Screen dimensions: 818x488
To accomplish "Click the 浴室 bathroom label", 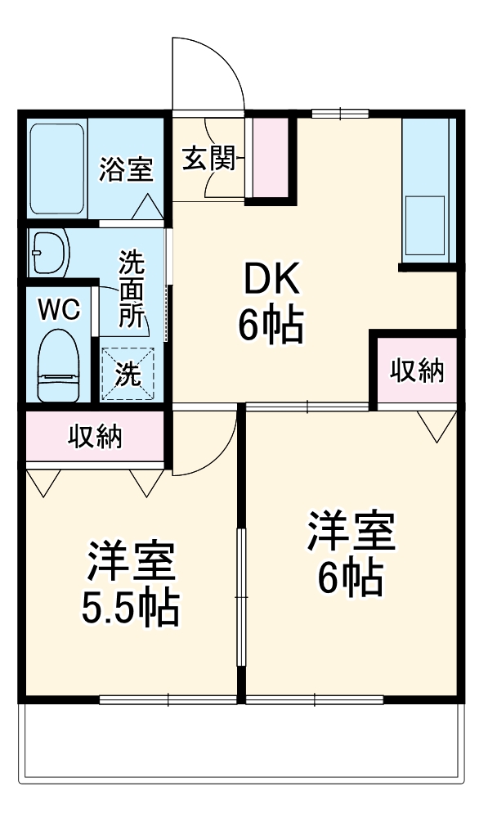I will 127,169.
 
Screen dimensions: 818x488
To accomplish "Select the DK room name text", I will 270,283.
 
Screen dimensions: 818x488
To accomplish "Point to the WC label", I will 59,309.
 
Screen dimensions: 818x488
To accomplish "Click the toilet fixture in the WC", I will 59,366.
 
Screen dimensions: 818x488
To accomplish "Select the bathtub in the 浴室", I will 57,169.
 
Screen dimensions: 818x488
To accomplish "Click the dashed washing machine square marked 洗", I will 127,374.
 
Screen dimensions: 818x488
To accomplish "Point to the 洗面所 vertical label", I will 131,290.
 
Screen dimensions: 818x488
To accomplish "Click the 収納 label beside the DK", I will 416,371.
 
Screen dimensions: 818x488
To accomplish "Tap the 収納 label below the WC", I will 94,437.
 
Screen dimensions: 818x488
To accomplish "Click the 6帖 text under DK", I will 271,326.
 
